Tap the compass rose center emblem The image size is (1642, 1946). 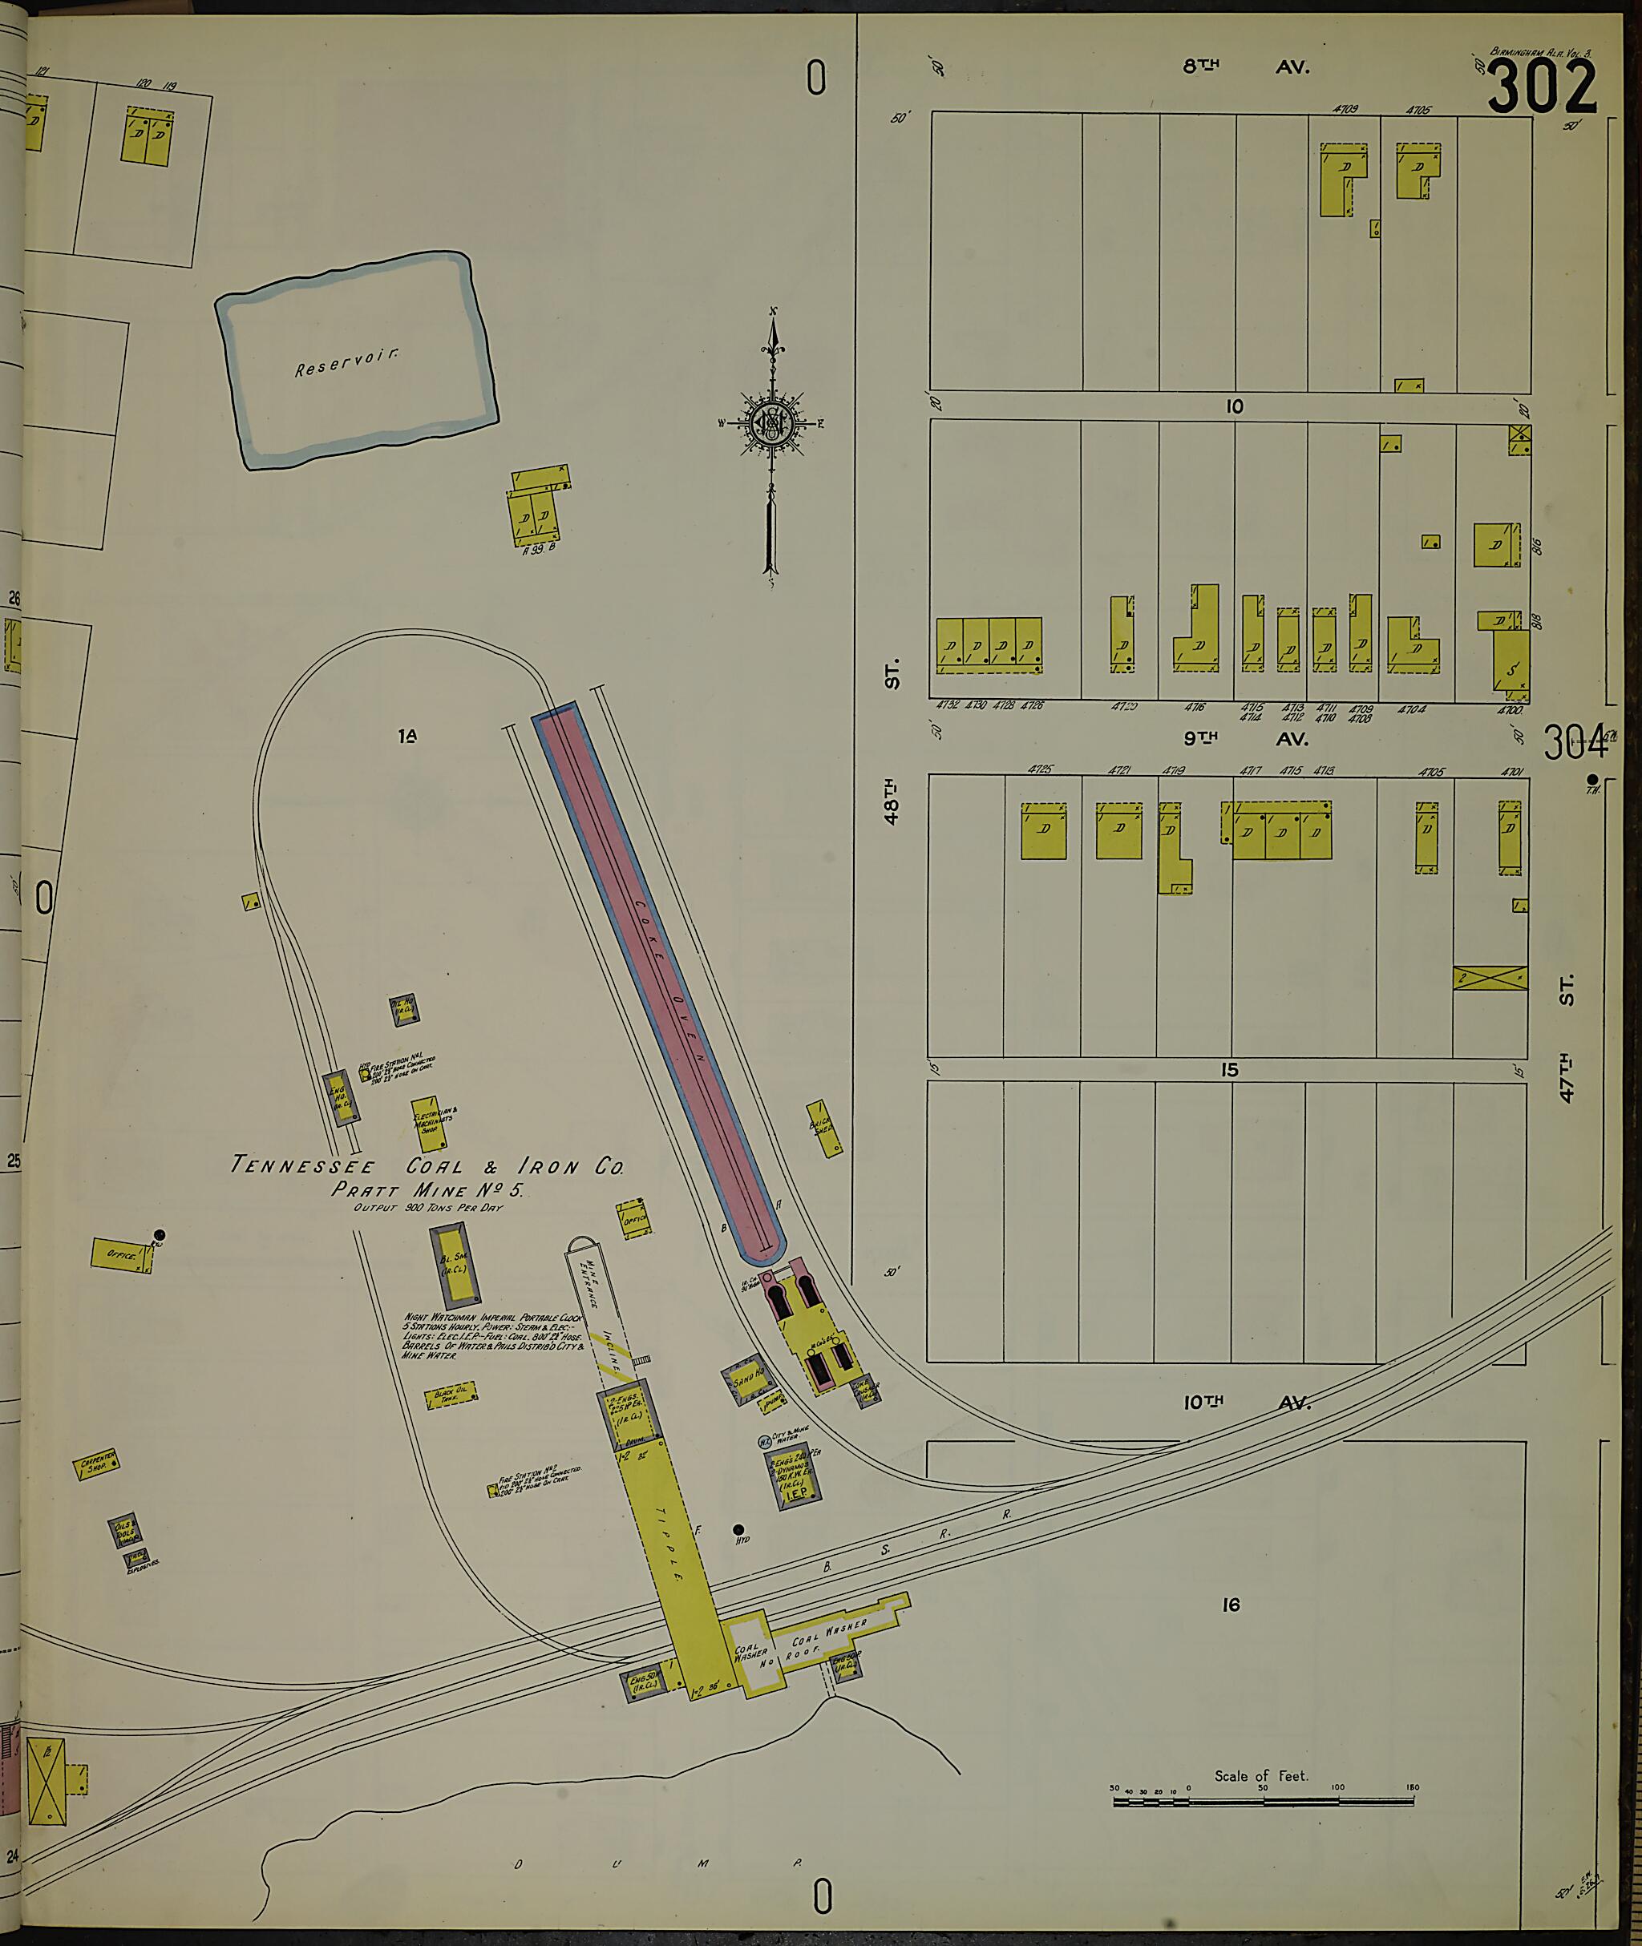pos(771,423)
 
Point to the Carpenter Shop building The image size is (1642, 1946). pos(96,1464)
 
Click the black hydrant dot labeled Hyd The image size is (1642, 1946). pos(739,1529)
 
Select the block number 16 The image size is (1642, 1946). pos(1231,1605)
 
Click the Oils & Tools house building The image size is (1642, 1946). pos(123,1530)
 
